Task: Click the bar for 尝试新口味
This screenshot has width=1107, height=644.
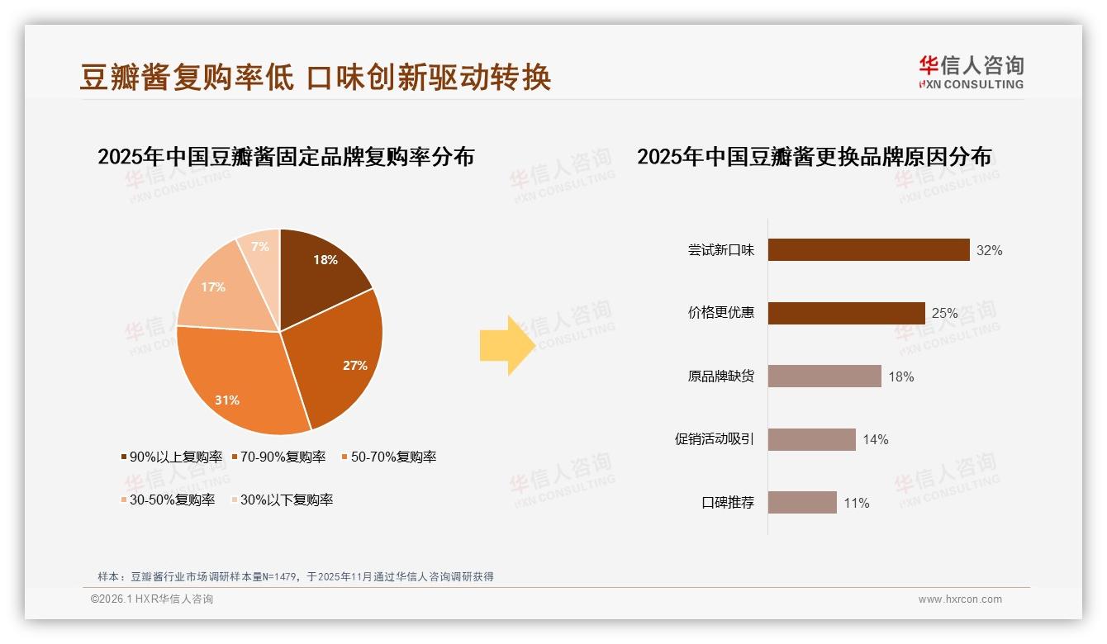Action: [x=868, y=250]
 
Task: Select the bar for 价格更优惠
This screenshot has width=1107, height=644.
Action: [x=846, y=313]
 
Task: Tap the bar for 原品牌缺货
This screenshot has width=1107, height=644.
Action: [x=824, y=376]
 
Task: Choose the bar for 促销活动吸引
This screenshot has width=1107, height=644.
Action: [x=811, y=439]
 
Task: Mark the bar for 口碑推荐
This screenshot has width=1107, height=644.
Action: [x=802, y=503]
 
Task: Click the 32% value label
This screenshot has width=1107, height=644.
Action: [x=989, y=250]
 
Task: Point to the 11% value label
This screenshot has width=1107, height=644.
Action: [x=856, y=503]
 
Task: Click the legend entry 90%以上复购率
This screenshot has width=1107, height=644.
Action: [x=171, y=457]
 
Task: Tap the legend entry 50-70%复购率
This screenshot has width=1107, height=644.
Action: [x=389, y=457]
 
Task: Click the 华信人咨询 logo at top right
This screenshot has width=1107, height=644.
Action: [x=972, y=72]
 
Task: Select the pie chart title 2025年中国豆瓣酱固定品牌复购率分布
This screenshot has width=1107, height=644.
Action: [x=286, y=156]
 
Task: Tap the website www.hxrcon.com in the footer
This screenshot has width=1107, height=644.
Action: [x=960, y=599]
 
